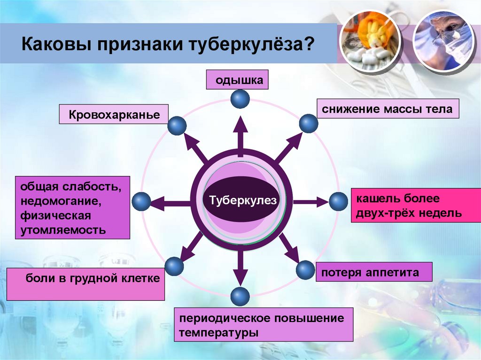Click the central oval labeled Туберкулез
click(x=240, y=200)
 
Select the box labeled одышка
click(x=238, y=80)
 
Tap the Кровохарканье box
click(x=114, y=115)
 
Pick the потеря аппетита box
click(x=373, y=272)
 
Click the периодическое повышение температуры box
click(x=264, y=325)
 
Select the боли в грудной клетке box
click(x=85, y=283)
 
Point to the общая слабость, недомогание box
click(x=72, y=208)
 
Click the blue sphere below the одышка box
click(x=240, y=99)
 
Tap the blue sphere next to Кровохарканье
click(x=177, y=126)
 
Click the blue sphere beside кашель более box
click(x=338, y=202)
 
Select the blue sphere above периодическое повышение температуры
click(x=240, y=297)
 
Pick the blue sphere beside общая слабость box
click(x=141, y=202)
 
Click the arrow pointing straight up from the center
click(x=240, y=136)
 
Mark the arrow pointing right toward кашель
click(x=310, y=202)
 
